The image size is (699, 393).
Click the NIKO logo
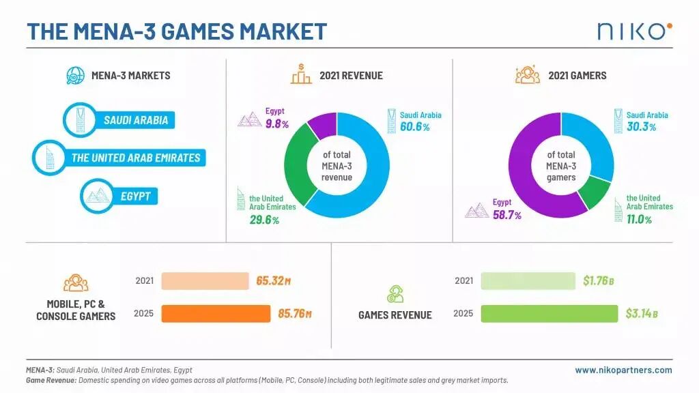(x=635, y=31)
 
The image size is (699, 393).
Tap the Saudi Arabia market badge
(x=119, y=120)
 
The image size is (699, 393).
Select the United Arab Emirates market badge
(x=119, y=158)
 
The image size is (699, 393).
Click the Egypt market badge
(x=119, y=196)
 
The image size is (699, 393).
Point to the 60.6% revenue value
(x=414, y=127)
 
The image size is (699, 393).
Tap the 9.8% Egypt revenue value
(x=277, y=124)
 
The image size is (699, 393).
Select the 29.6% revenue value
(x=264, y=220)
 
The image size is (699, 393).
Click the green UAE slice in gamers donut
(x=595, y=192)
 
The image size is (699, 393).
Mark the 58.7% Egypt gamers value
(x=507, y=215)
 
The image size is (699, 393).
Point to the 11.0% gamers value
(x=639, y=219)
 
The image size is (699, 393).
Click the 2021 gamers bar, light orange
(x=205, y=281)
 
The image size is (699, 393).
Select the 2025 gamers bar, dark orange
(x=216, y=314)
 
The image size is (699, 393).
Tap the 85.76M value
(x=295, y=314)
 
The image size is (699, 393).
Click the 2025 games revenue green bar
(x=550, y=314)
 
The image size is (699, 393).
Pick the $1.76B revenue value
(x=598, y=280)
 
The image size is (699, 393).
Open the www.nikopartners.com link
(x=623, y=370)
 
